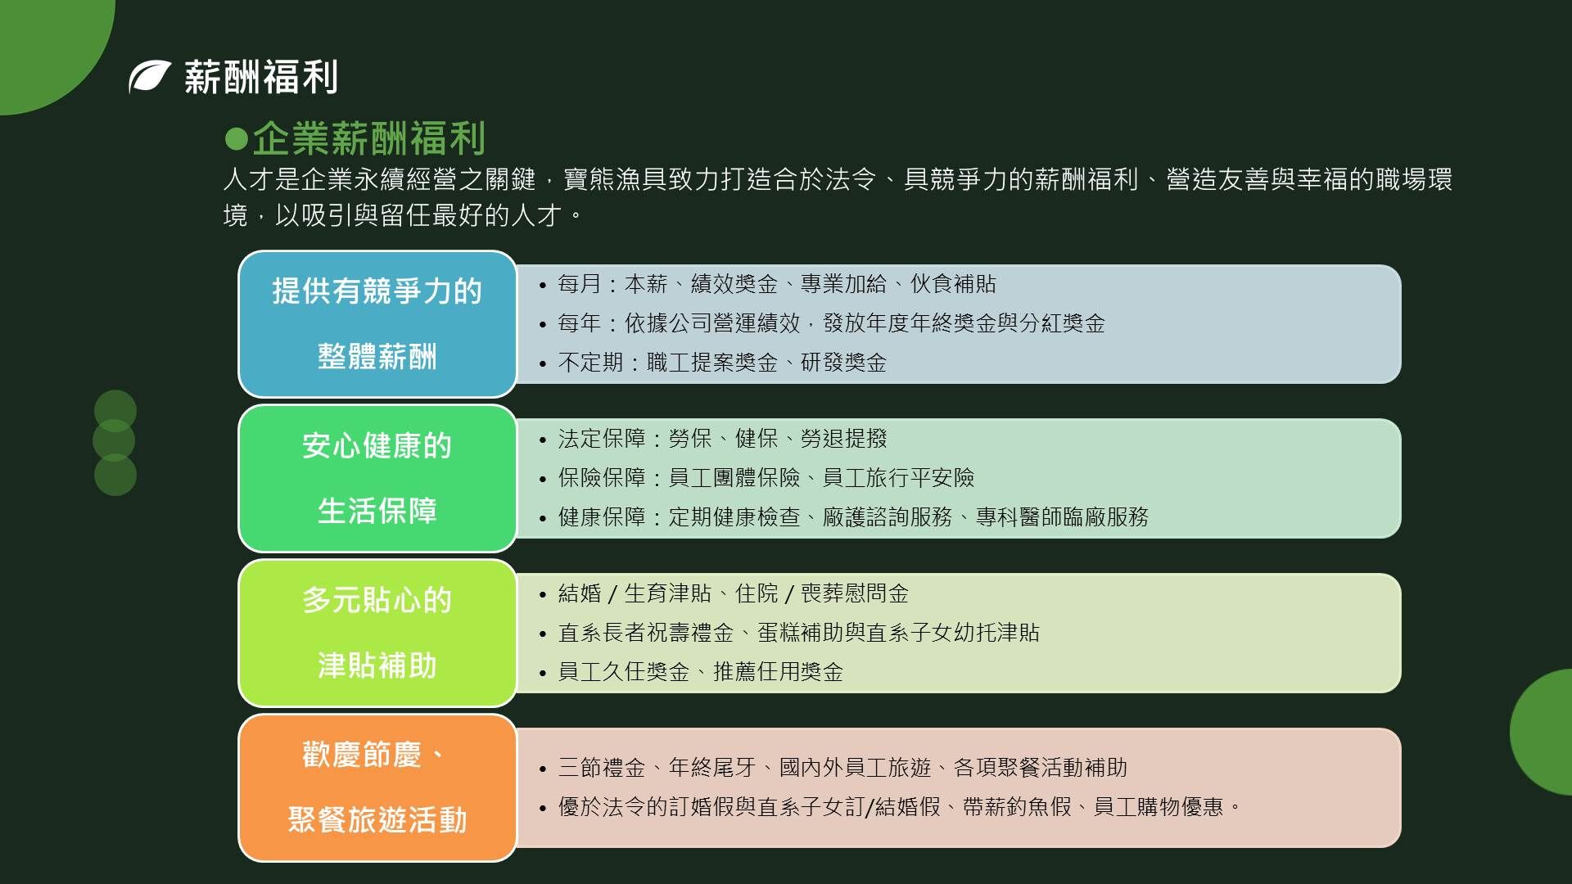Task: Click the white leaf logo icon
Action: [150, 77]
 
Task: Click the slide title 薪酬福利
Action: [261, 77]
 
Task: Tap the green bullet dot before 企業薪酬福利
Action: [236, 139]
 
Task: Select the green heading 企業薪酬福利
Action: [369, 138]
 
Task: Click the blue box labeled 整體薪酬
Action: [377, 324]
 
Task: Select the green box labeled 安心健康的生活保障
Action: [377, 479]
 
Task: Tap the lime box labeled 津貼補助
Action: [377, 634]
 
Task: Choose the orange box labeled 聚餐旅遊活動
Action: [377, 788]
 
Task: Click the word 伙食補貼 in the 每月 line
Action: [953, 284]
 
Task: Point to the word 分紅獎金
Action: [1062, 323]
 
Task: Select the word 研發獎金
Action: [843, 363]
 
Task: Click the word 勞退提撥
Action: [843, 439]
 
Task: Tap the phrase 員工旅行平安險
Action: [898, 478]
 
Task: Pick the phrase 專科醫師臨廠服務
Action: [1062, 517]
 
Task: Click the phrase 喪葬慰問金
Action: [855, 593]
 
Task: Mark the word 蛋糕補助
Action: [800, 633]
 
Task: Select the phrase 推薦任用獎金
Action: [779, 672]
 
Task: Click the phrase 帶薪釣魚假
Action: [1017, 807]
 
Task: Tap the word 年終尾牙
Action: [712, 768]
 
